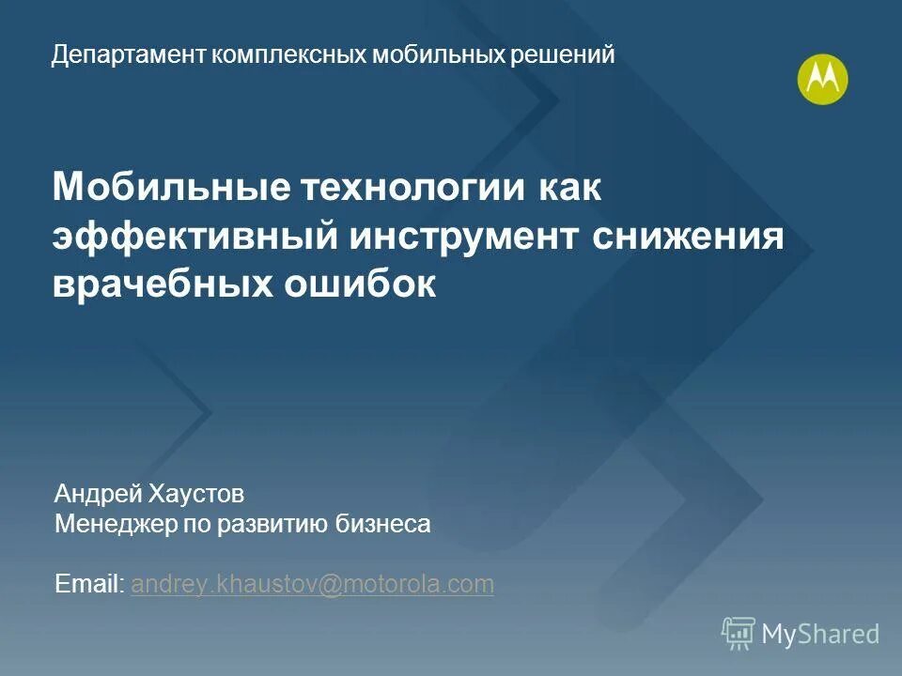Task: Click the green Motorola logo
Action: tap(822, 80)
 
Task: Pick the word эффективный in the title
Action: tap(194, 236)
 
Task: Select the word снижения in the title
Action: tap(689, 236)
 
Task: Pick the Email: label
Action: tap(89, 584)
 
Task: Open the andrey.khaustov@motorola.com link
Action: tap(312, 584)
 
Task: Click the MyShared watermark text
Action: tap(819, 634)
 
